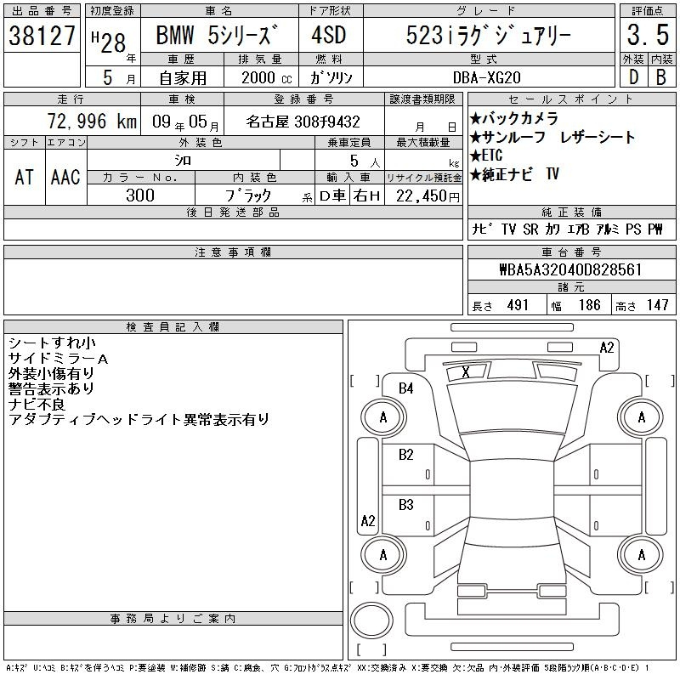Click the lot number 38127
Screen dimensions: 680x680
click(x=42, y=36)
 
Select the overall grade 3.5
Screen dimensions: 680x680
click(x=648, y=35)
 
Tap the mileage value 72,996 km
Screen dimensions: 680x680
click(x=92, y=121)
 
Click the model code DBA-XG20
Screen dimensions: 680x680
click(x=486, y=77)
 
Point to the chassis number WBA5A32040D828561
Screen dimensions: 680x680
click(x=570, y=269)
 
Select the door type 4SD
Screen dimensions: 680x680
click(x=329, y=35)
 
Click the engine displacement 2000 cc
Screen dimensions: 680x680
click(x=266, y=77)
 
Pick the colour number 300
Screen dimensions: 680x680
click(x=140, y=195)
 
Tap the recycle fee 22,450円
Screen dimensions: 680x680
click(x=428, y=196)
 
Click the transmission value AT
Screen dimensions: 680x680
click(x=25, y=177)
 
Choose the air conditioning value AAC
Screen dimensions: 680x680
click(x=65, y=177)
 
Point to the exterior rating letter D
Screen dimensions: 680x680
click(x=633, y=77)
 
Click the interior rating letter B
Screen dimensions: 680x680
click(x=661, y=77)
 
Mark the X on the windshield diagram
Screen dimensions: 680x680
click(x=466, y=371)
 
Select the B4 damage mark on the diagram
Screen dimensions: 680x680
click(x=406, y=388)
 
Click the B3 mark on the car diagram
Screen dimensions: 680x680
click(x=406, y=505)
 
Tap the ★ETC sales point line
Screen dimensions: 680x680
click(x=486, y=156)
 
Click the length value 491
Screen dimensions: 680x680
click(x=518, y=305)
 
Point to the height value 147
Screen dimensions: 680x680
click(x=657, y=305)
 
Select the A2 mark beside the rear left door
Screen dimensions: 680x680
click(x=368, y=520)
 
